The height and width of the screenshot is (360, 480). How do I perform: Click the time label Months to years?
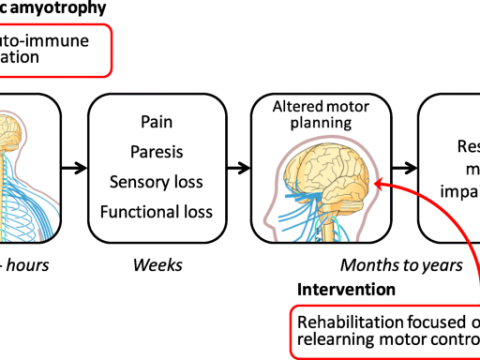coord(401,265)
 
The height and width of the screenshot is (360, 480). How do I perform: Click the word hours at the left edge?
coord(29,265)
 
